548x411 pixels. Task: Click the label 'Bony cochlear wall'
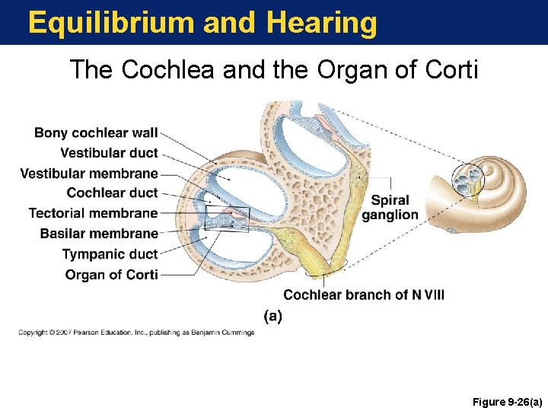click(96, 133)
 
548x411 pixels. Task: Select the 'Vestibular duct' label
click(109, 153)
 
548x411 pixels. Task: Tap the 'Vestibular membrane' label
click(89, 174)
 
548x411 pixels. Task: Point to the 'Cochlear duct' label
click(112, 193)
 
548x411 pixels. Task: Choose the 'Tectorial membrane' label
click(93, 213)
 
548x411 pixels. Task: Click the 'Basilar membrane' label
click(99, 234)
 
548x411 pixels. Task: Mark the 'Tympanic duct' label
click(110, 254)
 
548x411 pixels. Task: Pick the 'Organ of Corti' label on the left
click(111, 275)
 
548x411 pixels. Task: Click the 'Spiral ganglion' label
click(390, 207)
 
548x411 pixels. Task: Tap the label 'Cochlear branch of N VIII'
click(364, 295)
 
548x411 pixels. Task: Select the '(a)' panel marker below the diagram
click(272, 316)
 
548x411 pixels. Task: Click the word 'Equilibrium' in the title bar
click(110, 24)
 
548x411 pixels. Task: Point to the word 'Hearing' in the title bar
click(321, 24)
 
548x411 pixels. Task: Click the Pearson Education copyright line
click(137, 333)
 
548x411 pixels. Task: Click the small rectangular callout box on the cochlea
click(227, 218)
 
